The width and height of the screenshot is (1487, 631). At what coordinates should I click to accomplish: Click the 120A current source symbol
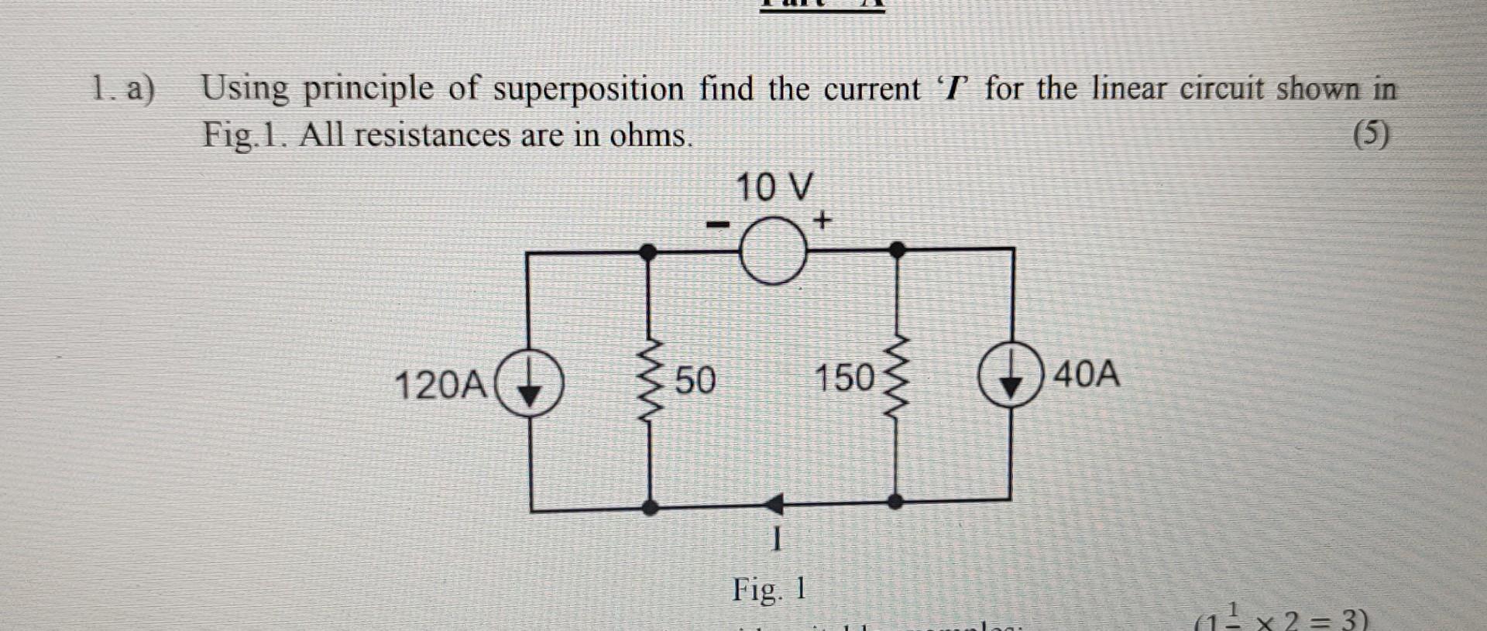[529, 382]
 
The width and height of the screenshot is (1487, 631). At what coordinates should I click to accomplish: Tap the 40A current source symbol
[1010, 374]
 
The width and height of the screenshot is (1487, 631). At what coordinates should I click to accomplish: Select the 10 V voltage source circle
[773, 251]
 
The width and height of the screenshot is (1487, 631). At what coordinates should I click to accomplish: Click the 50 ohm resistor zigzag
[650, 379]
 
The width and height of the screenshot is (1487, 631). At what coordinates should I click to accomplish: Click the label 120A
[441, 385]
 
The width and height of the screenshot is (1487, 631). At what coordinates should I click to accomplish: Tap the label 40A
[1087, 374]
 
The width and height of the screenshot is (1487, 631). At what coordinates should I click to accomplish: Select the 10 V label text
[774, 187]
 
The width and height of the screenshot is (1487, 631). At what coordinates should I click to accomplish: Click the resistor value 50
[695, 380]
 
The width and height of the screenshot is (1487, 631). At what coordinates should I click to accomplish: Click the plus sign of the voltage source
[822, 221]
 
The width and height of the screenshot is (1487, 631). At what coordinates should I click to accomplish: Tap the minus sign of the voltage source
[718, 225]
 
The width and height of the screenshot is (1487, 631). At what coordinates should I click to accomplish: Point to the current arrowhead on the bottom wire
[774, 505]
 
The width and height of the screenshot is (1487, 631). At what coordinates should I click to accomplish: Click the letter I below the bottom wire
[777, 540]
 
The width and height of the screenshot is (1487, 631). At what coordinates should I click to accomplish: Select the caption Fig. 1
[769, 590]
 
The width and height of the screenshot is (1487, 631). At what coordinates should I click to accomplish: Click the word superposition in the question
[589, 90]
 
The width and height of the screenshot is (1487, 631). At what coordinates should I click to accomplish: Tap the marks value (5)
[1371, 135]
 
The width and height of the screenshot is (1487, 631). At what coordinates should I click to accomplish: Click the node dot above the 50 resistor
[649, 252]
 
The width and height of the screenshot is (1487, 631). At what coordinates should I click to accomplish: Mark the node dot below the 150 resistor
[895, 501]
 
